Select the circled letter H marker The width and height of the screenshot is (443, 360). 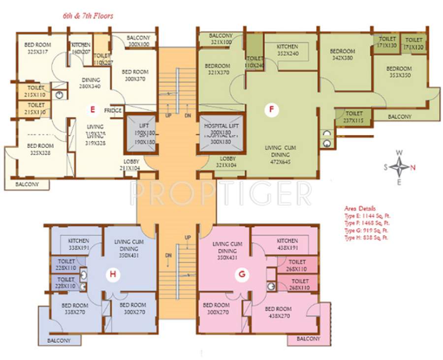113,275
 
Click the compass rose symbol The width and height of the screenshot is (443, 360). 399,167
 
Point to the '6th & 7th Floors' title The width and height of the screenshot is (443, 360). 88,16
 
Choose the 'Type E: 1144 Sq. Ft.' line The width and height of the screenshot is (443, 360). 368,216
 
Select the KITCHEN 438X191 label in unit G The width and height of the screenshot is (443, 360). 287,244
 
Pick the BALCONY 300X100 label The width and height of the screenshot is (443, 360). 138,41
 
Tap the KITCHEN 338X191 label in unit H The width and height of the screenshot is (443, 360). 79,244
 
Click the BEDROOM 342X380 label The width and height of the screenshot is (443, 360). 342,54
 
